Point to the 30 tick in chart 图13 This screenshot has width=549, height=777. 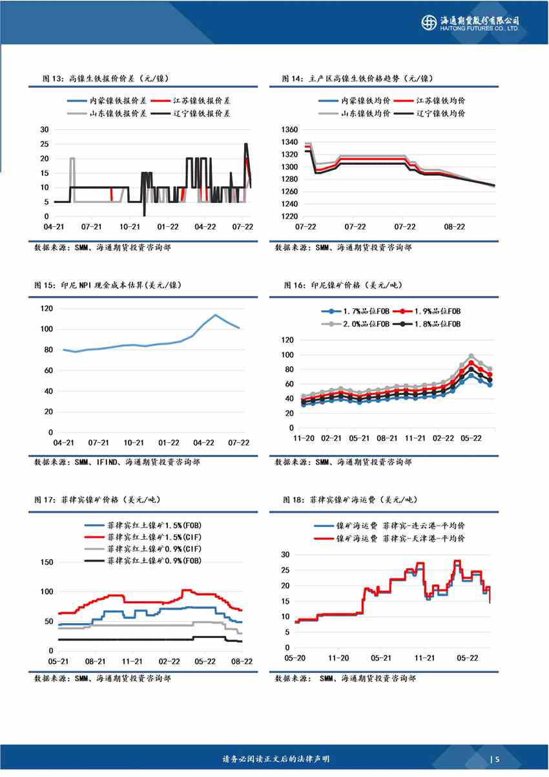45,129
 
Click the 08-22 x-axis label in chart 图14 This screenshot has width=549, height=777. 455,227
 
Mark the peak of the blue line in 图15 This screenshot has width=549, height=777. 215,315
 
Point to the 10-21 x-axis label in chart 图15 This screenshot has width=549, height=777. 133,443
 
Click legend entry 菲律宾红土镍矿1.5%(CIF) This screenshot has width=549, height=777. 145,537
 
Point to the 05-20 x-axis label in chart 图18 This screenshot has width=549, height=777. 295,657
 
